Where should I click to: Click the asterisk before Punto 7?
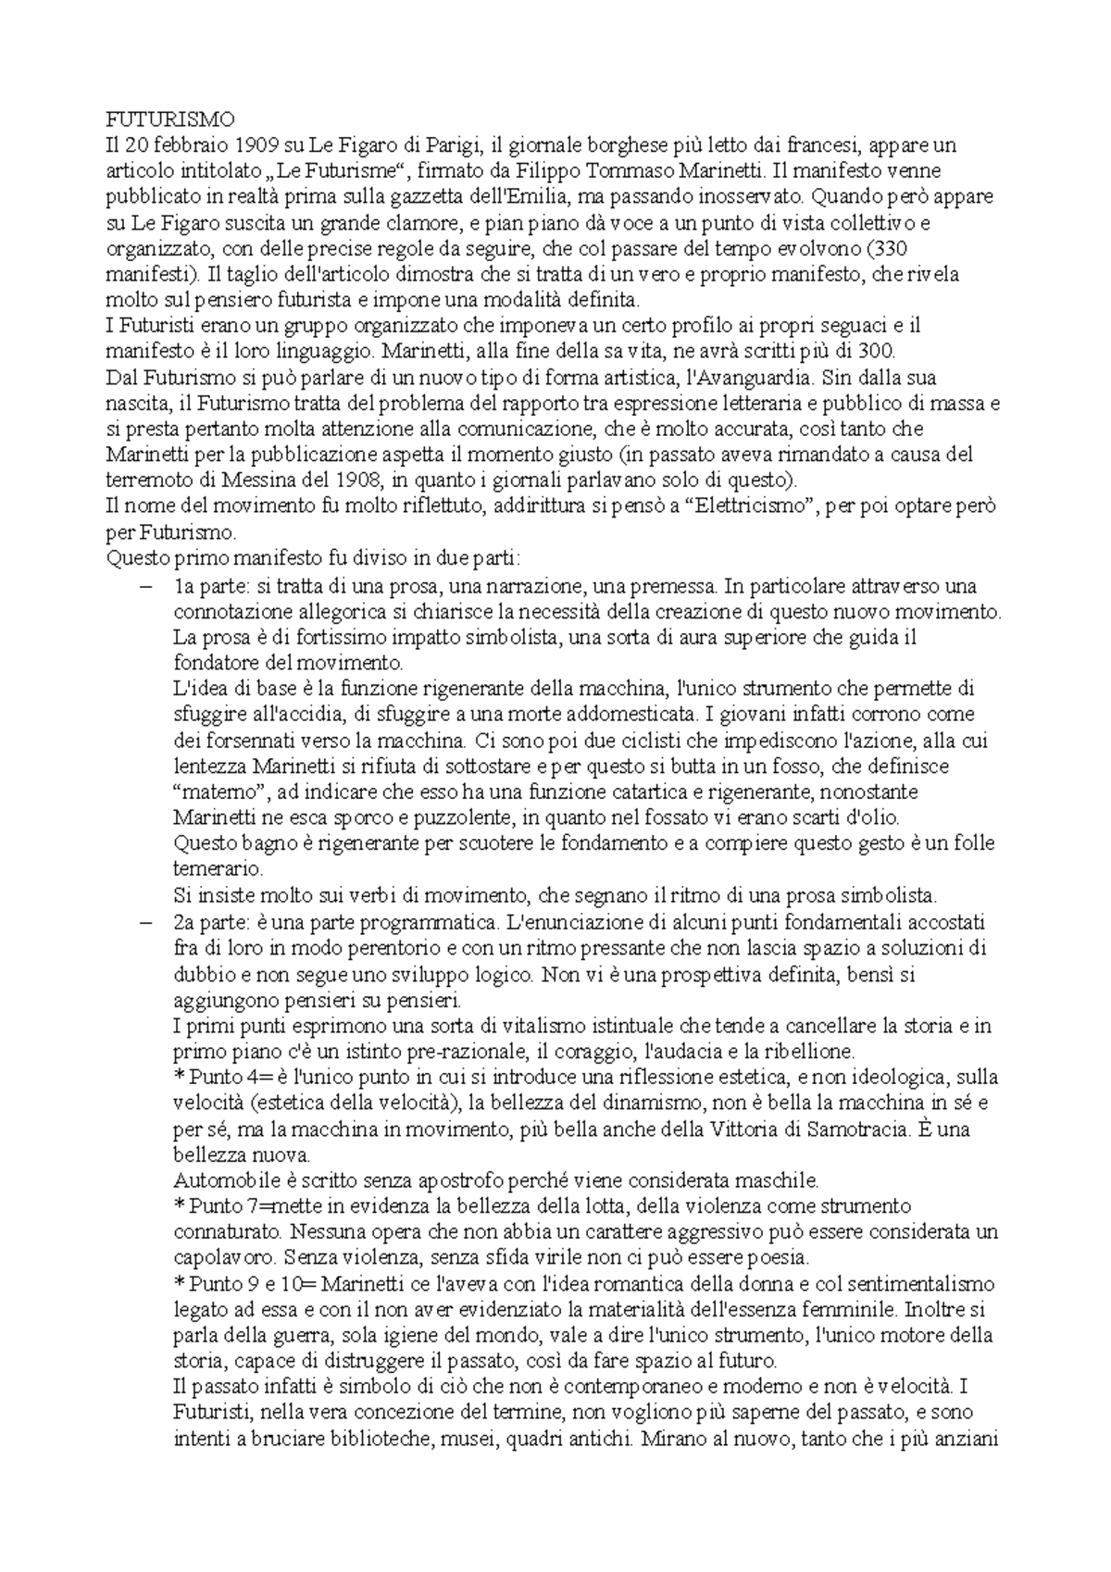(x=180, y=1207)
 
